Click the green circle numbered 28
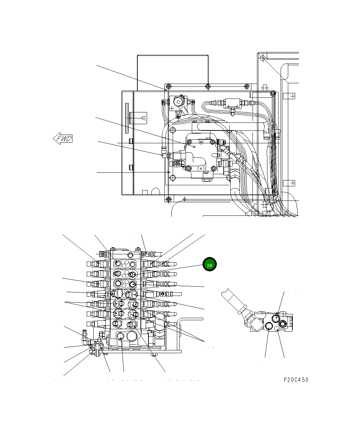pyautogui.click(x=209, y=265)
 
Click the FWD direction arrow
pyautogui.click(x=63, y=139)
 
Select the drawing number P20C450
pyautogui.click(x=296, y=380)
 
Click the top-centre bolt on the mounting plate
pyautogui.click(x=207, y=86)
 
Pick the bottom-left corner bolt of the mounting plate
pyautogui.click(x=169, y=199)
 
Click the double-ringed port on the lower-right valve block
pyautogui.click(x=283, y=324)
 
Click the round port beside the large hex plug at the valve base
pyautogui.click(x=120, y=336)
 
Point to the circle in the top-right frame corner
pyautogui.click(x=263, y=58)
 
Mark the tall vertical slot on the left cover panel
pyautogui.click(x=127, y=118)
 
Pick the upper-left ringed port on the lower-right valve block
pyautogui.click(x=276, y=318)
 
